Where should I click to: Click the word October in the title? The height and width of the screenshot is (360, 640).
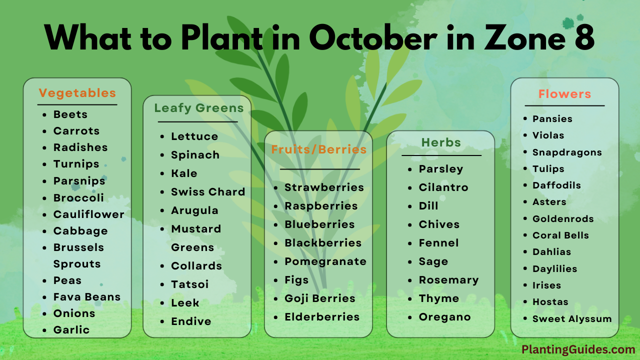click(373, 37)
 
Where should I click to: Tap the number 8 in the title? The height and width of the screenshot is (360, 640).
click(584, 37)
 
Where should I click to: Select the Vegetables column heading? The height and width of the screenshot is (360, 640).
click(77, 93)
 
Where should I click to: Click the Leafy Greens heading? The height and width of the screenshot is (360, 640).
click(199, 108)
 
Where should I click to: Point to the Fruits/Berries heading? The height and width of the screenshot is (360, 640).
click(319, 149)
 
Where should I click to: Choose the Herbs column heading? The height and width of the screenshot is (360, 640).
click(441, 142)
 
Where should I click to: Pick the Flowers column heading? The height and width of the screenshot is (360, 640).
click(564, 94)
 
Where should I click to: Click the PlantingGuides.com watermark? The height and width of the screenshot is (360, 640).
click(578, 349)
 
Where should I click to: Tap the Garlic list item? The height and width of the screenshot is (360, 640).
click(71, 330)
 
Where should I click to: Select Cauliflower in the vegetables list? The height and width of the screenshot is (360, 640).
click(89, 214)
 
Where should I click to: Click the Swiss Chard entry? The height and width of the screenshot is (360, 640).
click(208, 191)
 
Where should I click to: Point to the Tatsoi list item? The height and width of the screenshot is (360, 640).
click(190, 284)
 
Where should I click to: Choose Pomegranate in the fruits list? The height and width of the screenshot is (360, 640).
click(325, 261)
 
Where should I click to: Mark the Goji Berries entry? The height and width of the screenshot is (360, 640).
click(320, 298)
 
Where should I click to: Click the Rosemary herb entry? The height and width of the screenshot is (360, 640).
click(449, 280)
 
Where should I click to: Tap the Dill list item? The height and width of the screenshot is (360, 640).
click(428, 205)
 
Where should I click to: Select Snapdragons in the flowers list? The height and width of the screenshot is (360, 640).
click(567, 152)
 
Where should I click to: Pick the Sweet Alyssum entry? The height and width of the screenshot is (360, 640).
click(572, 319)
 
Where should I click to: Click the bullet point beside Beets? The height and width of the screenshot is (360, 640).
click(44, 115)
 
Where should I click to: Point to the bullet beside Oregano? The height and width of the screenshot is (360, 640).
click(410, 317)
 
